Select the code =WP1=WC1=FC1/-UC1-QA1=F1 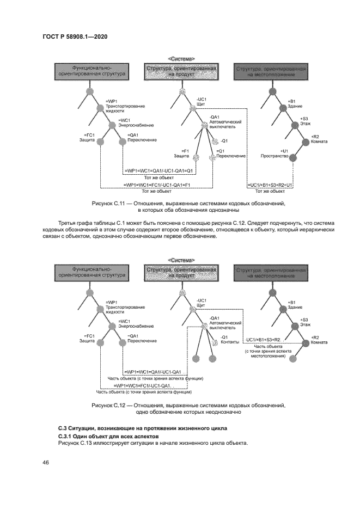coord(157,186)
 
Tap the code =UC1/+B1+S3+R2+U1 coord(270,186)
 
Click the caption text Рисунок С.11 coord(112,203)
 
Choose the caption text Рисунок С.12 coord(112,406)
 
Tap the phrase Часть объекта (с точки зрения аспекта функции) coord(156,378)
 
